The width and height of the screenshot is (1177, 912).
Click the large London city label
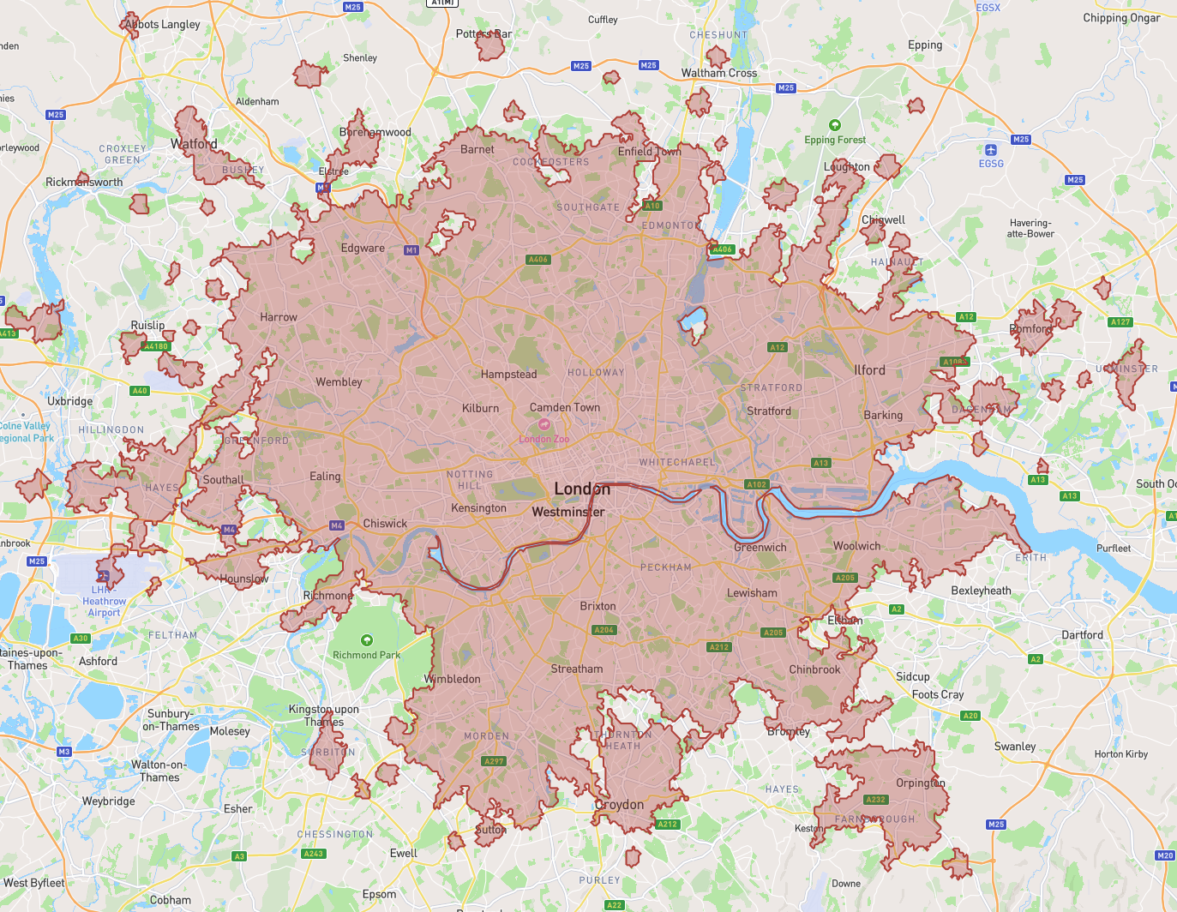(582, 489)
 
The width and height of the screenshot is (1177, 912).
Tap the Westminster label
(567, 512)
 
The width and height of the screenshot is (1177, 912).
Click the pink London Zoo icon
(543, 424)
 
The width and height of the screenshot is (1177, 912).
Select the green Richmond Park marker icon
(367, 640)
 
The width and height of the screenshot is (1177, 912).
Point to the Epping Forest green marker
(835, 125)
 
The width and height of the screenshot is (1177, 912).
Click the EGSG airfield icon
(991, 150)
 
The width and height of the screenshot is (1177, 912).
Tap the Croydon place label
(619, 805)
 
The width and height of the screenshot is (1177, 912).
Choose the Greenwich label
(760, 547)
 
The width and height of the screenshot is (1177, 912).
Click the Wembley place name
(339, 382)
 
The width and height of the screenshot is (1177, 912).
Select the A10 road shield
(652, 206)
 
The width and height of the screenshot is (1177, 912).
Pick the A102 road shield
(756, 484)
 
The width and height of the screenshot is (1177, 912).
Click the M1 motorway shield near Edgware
(411, 250)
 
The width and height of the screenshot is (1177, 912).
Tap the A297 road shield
(494, 761)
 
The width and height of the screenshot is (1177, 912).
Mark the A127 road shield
(1120, 322)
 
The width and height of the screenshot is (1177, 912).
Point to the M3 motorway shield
(64, 752)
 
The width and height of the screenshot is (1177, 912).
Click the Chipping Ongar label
(1121, 18)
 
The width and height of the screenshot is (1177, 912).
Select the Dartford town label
(1082, 635)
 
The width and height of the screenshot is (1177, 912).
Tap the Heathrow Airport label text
(104, 602)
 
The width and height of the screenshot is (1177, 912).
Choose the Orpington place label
(920, 783)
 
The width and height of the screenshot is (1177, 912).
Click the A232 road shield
(875, 800)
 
